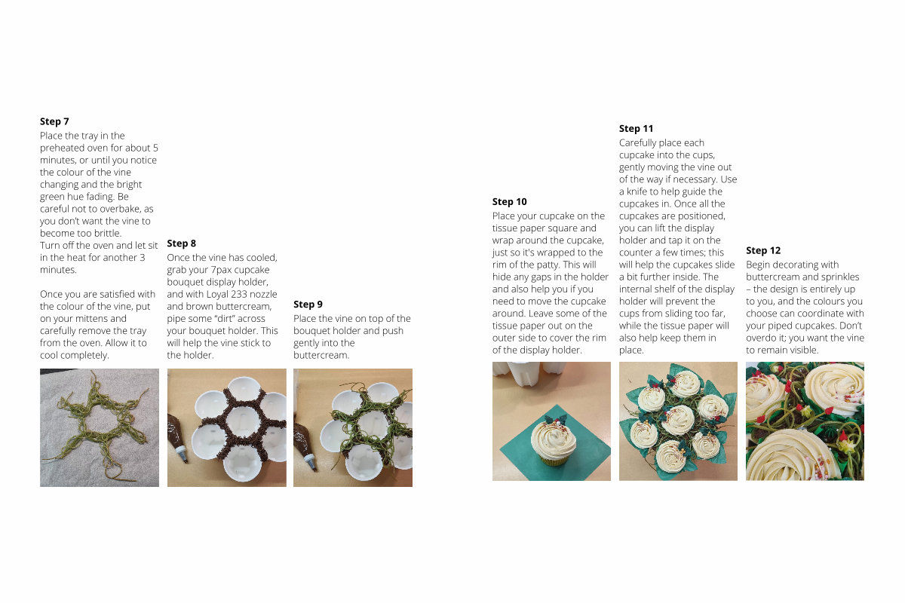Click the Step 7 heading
[x=54, y=121]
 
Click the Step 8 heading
[x=182, y=243]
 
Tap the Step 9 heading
[x=308, y=305]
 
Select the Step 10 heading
[x=510, y=202]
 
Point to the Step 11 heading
[x=636, y=129]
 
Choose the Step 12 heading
[x=763, y=251]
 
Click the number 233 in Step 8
[x=239, y=295]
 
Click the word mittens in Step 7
[x=110, y=319]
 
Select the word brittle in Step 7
[x=106, y=234]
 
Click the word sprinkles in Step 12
[x=841, y=277]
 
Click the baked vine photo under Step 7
[x=100, y=427]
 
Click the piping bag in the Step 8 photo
[x=178, y=439]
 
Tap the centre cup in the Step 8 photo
[x=243, y=422]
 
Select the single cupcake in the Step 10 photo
[x=553, y=443]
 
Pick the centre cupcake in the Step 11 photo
[x=677, y=420]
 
